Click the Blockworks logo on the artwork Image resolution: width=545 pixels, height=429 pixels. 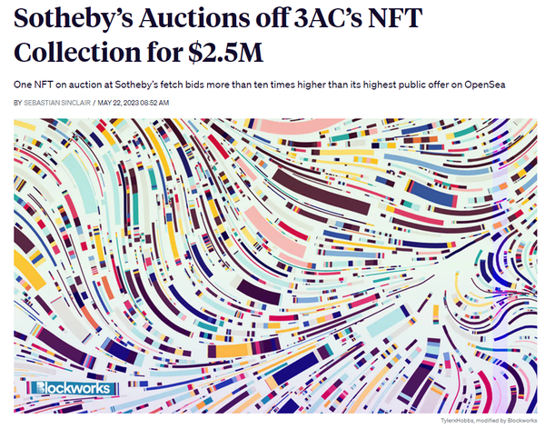pos(73,388)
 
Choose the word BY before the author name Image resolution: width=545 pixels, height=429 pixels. pos(18,103)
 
